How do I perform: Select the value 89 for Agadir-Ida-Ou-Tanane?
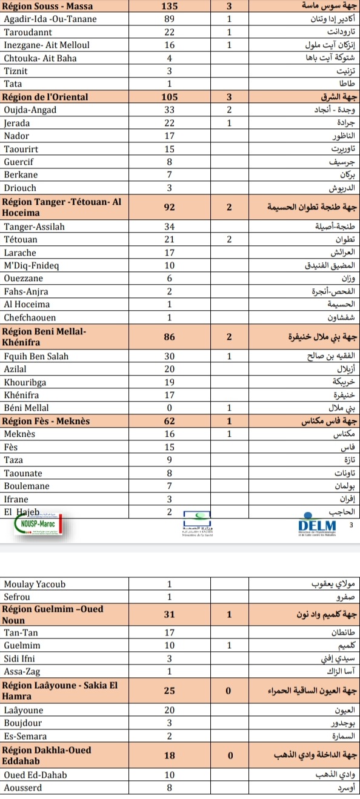click(170, 19)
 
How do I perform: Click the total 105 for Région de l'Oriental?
click(170, 97)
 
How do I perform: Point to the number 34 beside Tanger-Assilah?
click(170, 227)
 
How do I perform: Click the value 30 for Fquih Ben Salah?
click(170, 356)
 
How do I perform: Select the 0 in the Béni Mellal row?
click(170, 408)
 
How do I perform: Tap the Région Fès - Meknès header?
click(46, 420)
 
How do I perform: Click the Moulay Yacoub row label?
click(35, 585)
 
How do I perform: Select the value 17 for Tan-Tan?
click(170, 632)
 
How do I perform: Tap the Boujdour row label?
click(23, 723)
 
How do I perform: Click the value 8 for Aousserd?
click(170, 787)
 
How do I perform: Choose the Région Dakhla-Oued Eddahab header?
click(47, 755)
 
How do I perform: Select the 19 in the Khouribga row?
click(170, 382)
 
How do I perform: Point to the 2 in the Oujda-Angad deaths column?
click(230, 110)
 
